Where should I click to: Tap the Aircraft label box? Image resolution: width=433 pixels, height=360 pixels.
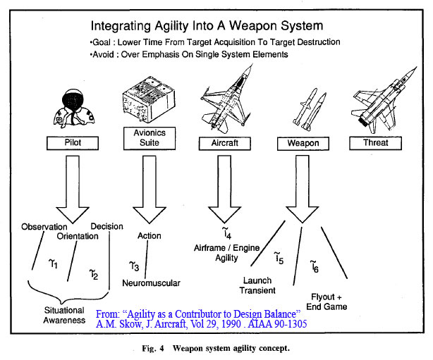224,142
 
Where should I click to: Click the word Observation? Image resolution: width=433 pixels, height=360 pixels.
44,227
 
